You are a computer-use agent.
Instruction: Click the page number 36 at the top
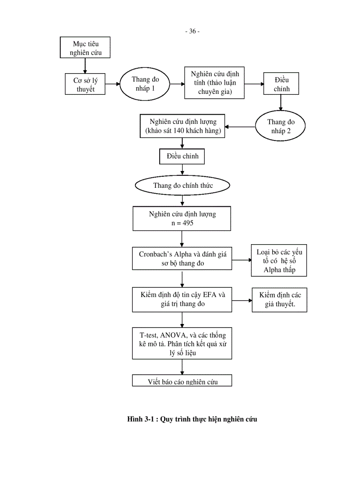(x=192, y=31)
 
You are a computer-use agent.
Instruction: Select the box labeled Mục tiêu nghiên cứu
(x=85, y=48)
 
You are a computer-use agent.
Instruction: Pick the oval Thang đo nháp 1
(x=145, y=84)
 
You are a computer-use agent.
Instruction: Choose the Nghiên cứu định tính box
(x=215, y=83)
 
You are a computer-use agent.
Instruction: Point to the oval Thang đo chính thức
(x=183, y=186)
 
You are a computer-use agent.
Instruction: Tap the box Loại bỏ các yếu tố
(x=279, y=261)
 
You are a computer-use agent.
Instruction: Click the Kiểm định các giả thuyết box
(x=279, y=300)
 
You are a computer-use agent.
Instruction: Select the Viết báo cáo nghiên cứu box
(x=182, y=381)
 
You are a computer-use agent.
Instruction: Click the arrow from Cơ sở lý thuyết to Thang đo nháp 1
(x=113, y=84)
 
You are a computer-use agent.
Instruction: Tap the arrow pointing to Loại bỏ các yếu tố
(x=242, y=260)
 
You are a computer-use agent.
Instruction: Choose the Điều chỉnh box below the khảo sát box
(x=182, y=156)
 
